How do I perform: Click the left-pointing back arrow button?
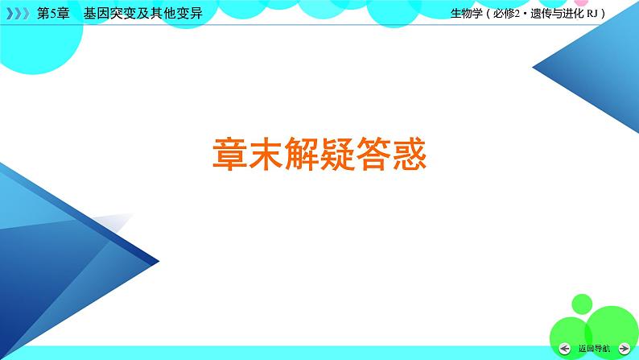coord(566,348)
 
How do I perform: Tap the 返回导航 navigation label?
coord(594,349)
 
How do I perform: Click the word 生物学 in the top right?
coord(466,14)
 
